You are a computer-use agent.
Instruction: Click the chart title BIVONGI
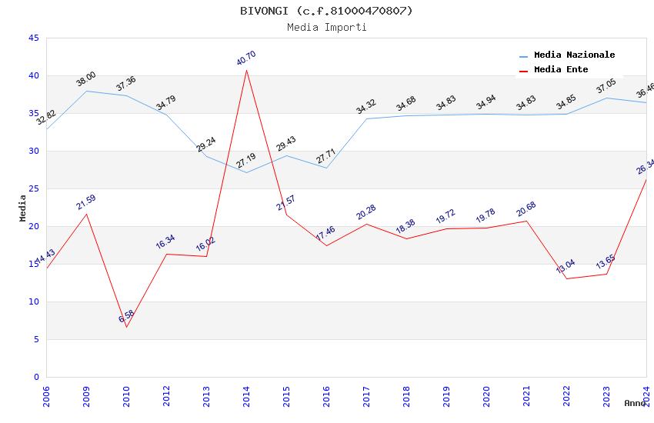pos(326,11)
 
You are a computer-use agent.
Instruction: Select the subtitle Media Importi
pos(326,27)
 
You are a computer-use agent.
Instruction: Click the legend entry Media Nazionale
pos(574,55)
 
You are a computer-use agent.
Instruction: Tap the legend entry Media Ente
pos(561,70)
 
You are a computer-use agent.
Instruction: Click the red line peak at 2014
pos(246,71)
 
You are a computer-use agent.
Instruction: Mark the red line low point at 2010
pos(126,327)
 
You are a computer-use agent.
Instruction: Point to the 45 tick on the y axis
pos(33,38)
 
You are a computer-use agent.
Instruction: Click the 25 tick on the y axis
pos(33,188)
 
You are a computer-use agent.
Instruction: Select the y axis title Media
pos(23,208)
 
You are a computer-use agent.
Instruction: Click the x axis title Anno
pos(635,403)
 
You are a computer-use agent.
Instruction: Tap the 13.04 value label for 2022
pos(566,266)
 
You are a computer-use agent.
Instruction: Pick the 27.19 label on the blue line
pos(246,161)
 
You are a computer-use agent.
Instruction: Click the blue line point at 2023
pos(606,98)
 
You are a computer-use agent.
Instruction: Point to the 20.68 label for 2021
pos(526,208)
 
